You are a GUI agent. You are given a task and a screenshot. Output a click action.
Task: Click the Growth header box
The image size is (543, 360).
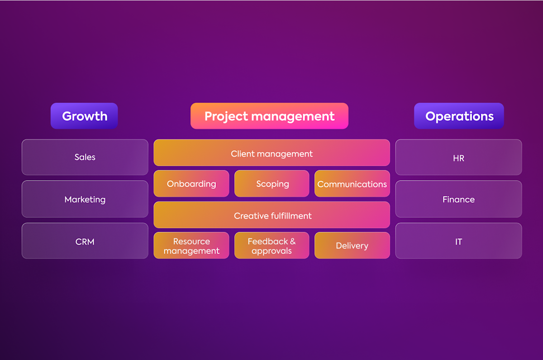(84, 116)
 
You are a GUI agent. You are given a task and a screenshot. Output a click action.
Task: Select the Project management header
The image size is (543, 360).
(269, 116)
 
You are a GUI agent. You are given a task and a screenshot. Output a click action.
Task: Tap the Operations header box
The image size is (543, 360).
(459, 116)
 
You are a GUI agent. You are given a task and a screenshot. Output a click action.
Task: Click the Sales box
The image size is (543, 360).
(85, 157)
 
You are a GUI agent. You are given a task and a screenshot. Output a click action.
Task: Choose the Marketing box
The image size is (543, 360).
(85, 199)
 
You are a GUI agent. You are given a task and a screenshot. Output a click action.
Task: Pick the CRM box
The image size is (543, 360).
(85, 241)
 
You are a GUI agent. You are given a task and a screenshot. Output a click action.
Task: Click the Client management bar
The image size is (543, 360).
(271, 153)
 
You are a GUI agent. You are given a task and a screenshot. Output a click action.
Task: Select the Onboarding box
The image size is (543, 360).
(191, 184)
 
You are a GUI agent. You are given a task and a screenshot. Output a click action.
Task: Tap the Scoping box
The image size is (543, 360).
(272, 184)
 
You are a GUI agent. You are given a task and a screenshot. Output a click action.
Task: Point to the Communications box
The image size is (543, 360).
(352, 184)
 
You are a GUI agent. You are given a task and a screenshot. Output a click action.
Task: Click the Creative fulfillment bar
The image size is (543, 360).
(271, 215)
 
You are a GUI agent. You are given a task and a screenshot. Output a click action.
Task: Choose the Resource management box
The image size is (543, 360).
(191, 245)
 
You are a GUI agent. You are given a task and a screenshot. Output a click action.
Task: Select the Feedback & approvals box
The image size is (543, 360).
(272, 245)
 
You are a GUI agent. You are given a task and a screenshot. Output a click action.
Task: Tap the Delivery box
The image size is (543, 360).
(352, 245)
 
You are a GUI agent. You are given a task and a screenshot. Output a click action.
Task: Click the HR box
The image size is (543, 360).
(458, 158)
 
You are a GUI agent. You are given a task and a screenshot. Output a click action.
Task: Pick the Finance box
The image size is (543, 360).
(458, 199)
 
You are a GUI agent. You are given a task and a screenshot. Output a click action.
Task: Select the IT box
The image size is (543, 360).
(458, 241)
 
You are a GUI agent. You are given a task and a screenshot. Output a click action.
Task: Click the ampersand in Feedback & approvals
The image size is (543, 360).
(292, 241)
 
